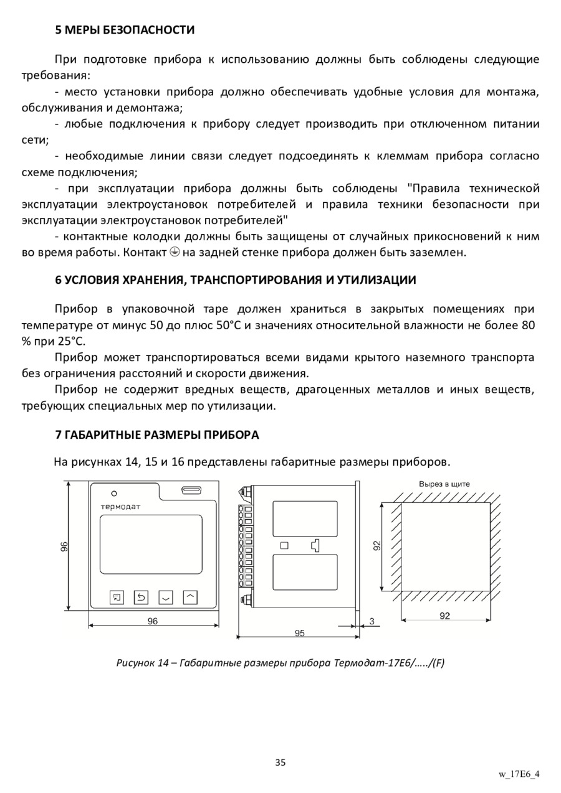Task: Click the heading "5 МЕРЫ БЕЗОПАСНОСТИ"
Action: [125, 30]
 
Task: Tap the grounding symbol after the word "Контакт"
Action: [175, 253]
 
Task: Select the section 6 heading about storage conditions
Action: [236, 280]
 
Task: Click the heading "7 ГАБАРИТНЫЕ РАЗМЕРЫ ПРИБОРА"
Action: [157, 435]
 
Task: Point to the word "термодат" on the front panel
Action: [121, 507]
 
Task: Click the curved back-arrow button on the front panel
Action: [141, 598]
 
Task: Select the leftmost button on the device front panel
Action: [117, 598]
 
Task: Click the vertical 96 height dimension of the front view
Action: [64, 547]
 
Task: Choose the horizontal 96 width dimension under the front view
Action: [153, 621]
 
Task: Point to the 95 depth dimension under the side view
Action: [300, 633]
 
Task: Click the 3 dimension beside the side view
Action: [372, 621]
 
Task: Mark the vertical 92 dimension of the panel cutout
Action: [377, 546]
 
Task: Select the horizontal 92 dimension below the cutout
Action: [444, 616]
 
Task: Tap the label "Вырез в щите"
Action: [444, 484]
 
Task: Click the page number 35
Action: [280, 762]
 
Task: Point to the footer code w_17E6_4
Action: [519, 774]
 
